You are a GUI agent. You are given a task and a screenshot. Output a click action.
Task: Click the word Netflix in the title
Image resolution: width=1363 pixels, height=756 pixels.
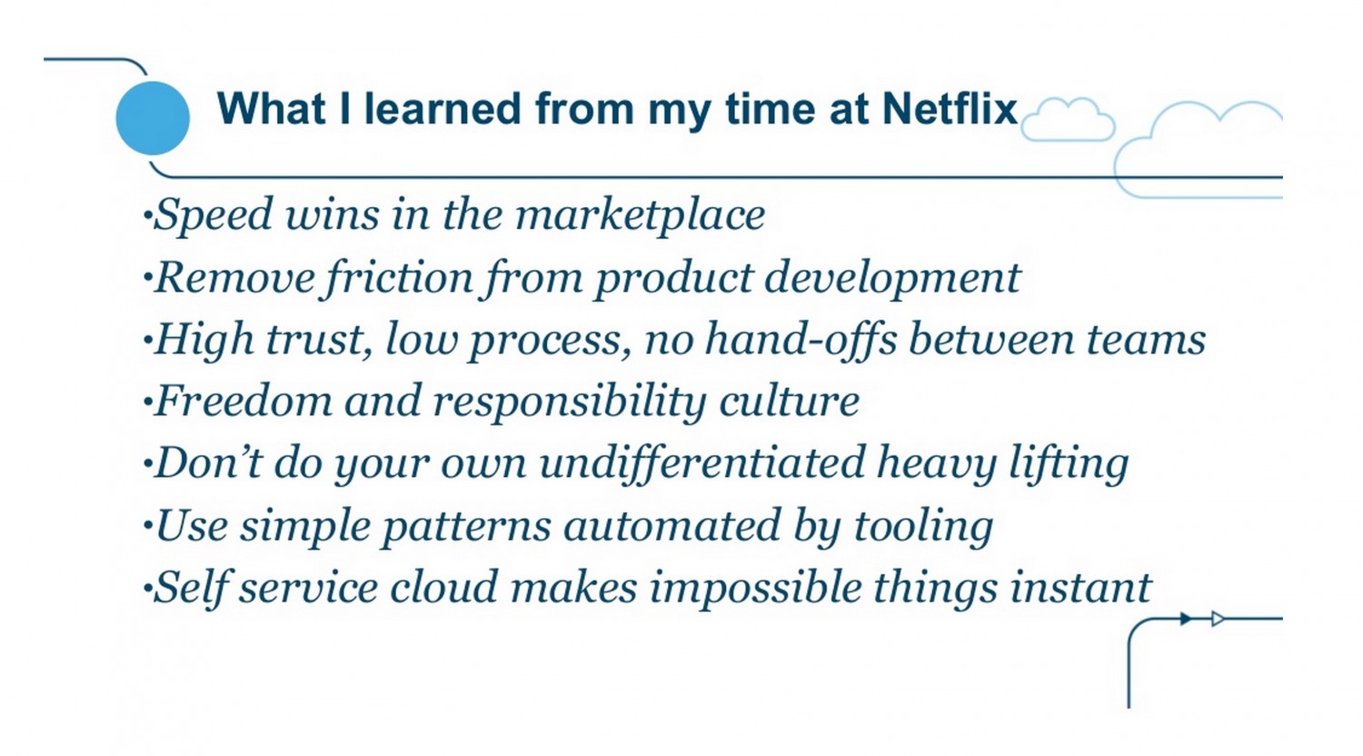click(x=950, y=109)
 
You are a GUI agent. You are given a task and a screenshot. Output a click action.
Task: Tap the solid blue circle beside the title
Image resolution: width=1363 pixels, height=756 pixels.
click(x=153, y=118)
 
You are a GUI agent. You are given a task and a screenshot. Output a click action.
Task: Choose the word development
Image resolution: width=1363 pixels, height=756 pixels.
click(x=892, y=278)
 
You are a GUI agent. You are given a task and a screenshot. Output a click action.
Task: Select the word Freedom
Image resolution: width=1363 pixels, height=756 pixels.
click(x=244, y=402)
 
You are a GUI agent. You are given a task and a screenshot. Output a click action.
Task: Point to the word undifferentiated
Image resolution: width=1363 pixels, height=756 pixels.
click(x=702, y=464)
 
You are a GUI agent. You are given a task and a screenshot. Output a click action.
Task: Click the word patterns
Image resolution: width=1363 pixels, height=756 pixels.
click(x=466, y=527)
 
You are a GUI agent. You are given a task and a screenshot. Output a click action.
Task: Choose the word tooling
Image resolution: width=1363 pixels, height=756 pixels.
click(x=924, y=527)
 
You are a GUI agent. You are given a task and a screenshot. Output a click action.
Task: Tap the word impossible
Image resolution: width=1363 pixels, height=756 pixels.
click(x=755, y=589)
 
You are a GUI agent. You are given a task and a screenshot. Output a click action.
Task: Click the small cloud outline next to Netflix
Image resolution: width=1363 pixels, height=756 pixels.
click(x=1068, y=120)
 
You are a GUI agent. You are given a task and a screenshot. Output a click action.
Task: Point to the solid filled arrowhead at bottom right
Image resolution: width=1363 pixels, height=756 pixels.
click(x=1186, y=619)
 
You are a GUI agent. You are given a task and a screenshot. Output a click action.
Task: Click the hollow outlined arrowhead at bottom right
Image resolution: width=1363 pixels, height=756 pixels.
click(x=1218, y=619)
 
